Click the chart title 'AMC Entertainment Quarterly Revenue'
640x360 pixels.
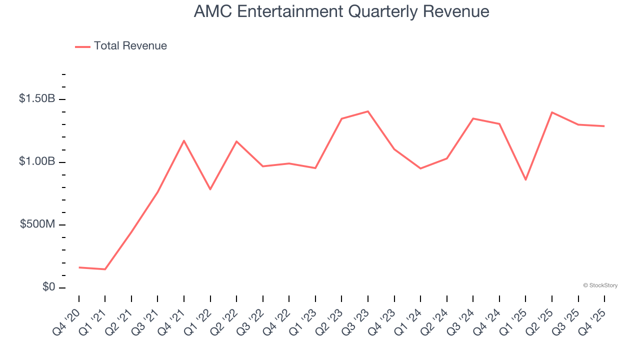tap(341, 11)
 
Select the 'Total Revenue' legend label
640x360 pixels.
tap(130, 46)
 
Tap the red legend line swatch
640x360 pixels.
tap(82, 46)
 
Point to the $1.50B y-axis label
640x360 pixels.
tap(37, 99)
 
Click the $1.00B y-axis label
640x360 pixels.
tap(37, 162)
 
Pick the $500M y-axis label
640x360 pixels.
tap(37, 224)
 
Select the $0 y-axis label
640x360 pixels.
tap(49, 287)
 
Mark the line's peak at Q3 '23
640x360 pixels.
tap(368, 111)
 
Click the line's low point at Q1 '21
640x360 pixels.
tap(105, 269)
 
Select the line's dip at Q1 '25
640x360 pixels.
tap(525, 180)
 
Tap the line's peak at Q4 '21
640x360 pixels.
tap(184, 140)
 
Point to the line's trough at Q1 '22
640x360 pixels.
tap(210, 189)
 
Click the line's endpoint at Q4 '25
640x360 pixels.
tap(604, 126)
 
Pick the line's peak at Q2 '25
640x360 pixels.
tap(552, 112)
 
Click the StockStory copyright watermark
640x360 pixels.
tap(600, 285)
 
